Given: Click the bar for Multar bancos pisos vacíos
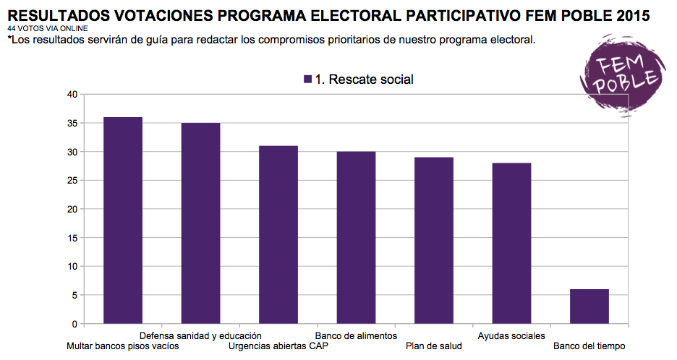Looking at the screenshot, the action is (x=123, y=220).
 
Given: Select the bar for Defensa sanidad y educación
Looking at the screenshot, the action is (x=201, y=223).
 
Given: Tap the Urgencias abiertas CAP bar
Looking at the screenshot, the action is (x=278, y=235).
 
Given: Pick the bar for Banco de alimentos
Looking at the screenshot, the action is (x=356, y=237).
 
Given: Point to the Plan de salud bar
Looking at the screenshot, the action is (x=434, y=241).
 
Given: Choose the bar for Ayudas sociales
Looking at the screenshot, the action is (x=511, y=244).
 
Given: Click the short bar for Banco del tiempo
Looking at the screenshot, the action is (x=589, y=307).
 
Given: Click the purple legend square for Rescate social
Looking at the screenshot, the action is (x=308, y=80).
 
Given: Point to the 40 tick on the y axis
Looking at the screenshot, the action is (x=72, y=95).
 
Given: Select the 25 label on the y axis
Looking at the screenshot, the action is (x=72, y=181).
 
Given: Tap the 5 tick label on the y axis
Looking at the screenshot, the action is (x=74, y=295).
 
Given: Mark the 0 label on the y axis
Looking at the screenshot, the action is (x=74, y=324).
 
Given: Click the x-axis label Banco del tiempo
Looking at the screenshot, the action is (x=589, y=346).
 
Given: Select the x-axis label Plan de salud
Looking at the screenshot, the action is (x=434, y=346).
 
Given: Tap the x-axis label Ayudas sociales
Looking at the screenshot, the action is (x=511, y=336).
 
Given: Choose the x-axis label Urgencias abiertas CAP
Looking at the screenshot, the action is (x=278, y=346).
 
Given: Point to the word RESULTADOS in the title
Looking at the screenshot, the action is (x=59, y=16).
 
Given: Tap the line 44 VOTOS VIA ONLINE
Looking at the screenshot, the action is (x=48, y=28).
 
